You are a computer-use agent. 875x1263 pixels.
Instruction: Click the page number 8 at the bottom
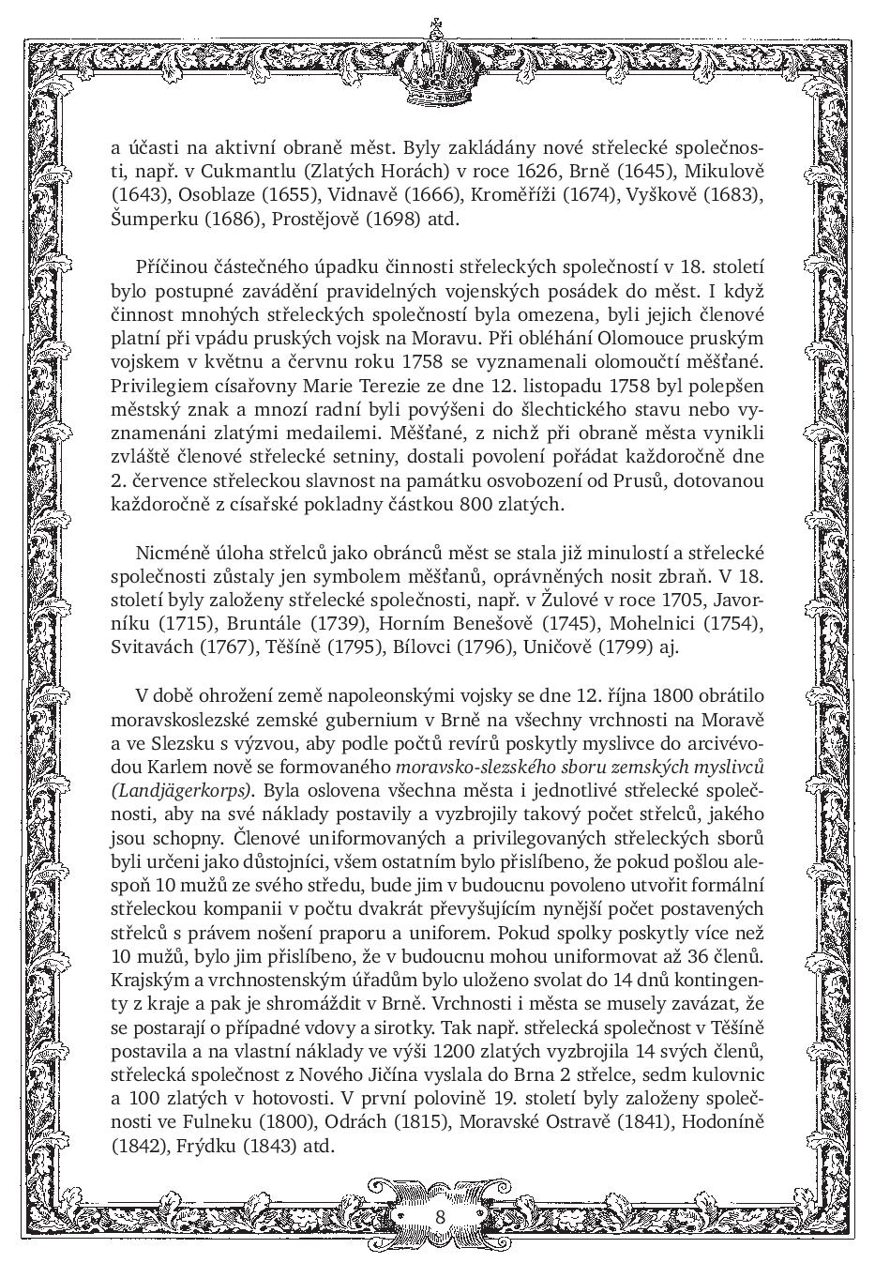click(439, 1215)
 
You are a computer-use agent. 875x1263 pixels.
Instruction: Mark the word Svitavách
click(154, 647)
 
